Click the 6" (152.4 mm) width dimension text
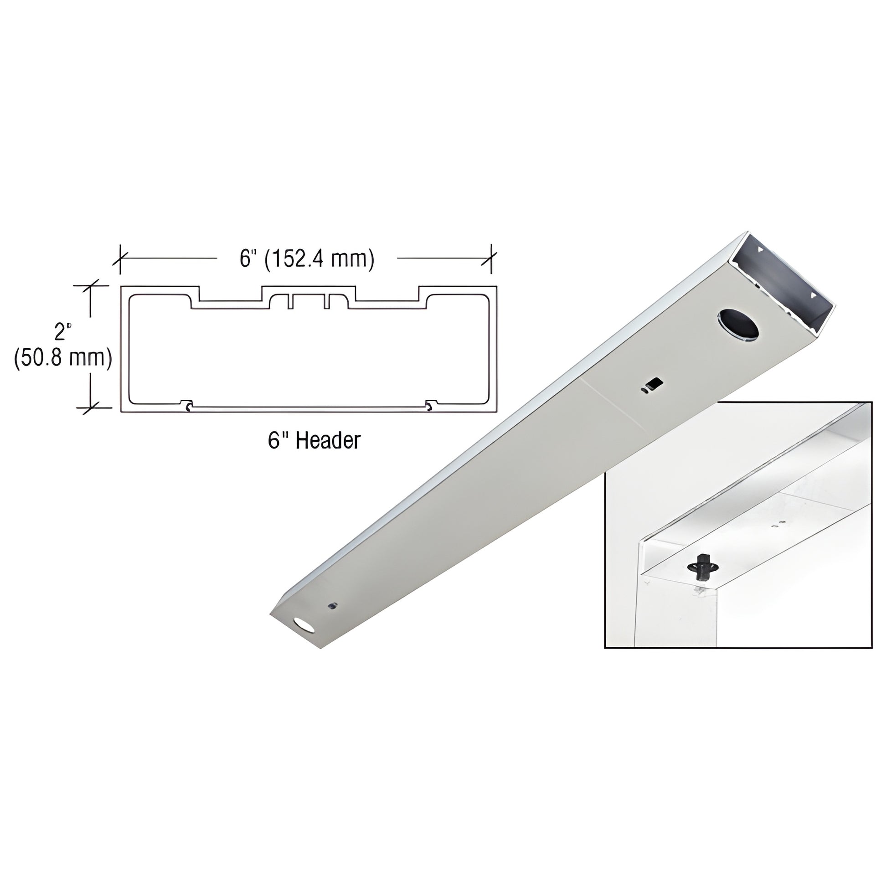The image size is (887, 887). pos(307,259)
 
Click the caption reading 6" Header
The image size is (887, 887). pos(314,441)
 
